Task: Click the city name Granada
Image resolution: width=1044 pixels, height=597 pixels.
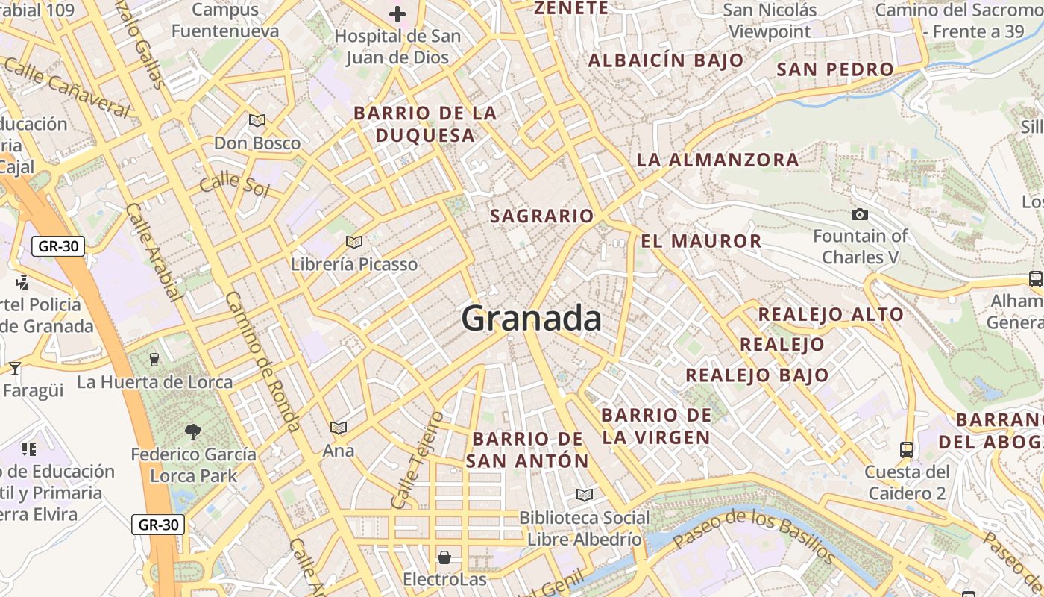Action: [531, 319]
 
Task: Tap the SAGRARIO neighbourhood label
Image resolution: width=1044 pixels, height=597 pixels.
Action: [542, 216]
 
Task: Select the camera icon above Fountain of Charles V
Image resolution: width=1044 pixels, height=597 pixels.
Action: [860, 215]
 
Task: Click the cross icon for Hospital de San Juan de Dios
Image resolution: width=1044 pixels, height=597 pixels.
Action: [397, 13]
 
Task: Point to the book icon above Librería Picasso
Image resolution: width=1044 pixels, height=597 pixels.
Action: [354, 242]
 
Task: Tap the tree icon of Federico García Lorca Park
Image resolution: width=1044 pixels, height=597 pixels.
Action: [192, 431]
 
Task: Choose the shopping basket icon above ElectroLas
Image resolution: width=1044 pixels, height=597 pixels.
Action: [444, 557]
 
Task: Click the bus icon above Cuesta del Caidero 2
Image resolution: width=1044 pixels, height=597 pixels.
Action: [907, 450]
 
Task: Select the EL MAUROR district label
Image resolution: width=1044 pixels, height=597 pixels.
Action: [701, 241]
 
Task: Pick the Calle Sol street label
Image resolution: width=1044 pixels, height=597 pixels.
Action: [234, 183]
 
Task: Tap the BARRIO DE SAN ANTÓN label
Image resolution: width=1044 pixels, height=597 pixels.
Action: [527, 449]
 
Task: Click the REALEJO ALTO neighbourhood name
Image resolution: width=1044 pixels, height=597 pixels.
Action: [831, 314]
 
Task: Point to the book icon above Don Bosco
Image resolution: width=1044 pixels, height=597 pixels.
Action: [257, 120]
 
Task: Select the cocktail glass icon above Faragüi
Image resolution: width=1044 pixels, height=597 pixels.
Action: [14, 369]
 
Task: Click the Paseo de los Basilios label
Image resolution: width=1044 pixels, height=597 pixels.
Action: [753, 535]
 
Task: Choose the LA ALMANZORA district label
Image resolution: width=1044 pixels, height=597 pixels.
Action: [717, 160]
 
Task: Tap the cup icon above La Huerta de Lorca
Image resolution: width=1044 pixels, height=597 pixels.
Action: [154, 359]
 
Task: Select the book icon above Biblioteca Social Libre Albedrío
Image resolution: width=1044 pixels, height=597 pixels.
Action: [585, 495]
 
